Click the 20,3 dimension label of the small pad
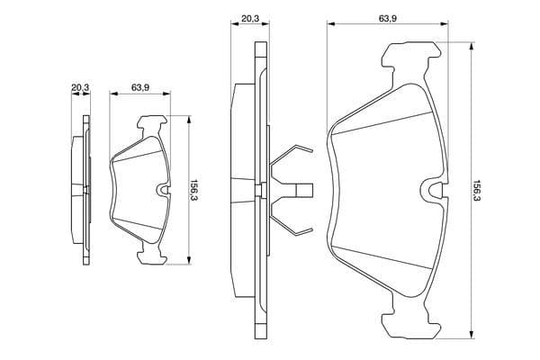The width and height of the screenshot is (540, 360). [x=80, y=88]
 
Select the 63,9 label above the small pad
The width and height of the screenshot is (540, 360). [x=139, y=88]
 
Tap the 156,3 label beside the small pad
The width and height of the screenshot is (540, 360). [x=194, y=190]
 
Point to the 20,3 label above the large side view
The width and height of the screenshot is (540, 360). [x=250, y=19]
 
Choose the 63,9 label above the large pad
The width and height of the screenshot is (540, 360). [x=388, y=19]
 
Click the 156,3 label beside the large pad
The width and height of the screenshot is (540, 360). [x=477, y=191]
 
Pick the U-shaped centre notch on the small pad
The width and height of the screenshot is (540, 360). [x=164, y=190]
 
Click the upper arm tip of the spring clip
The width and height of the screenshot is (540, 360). [x=311, y=150]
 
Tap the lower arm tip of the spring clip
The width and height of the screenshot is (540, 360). [x=311, y=229]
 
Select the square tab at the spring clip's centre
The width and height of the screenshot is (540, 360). [x=304, y=190]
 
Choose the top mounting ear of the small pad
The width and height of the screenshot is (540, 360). [x=152, y=126]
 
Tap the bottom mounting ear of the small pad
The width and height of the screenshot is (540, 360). [x=152, y=254]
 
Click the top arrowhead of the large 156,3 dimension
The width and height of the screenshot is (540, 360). [x=471, y=46]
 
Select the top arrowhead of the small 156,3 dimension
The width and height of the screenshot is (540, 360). [x=188, y=119]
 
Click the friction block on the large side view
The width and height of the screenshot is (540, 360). [x=243, y=191]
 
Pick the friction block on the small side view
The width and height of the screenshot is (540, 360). [x=77, y=190]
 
